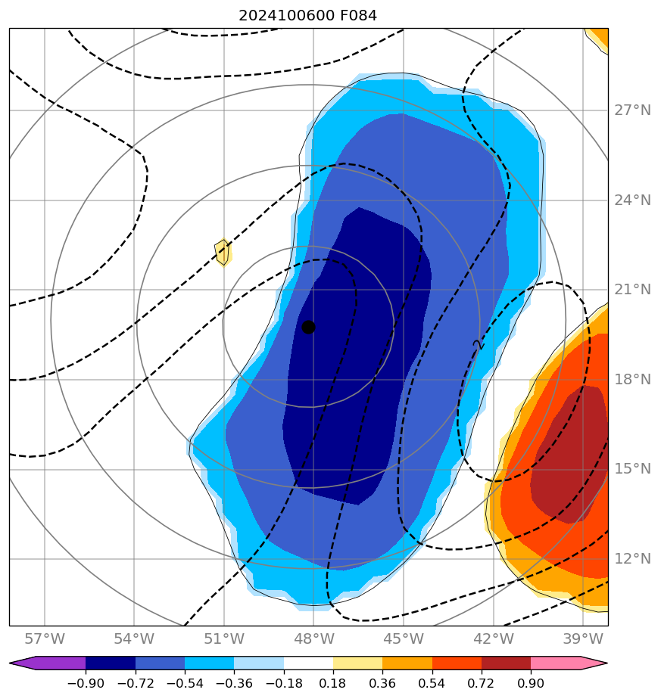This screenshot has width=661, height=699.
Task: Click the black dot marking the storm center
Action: pos(308,327)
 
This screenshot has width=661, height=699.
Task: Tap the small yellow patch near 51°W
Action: pos(223,253)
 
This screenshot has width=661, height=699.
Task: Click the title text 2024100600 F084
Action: pos(307,15)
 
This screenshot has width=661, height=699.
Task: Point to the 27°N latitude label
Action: pos(631,110)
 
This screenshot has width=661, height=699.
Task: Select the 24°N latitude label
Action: pos(631,200)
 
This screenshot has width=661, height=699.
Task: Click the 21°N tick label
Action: pos(631,290)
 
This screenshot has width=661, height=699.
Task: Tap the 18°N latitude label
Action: pos(631,380)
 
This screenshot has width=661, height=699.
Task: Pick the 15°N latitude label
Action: pos(631,469)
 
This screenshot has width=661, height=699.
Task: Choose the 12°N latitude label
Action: pos(631,559)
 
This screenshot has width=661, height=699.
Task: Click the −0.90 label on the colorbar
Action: pos(85,683)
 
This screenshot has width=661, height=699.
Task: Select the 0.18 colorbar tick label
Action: pos(333,683)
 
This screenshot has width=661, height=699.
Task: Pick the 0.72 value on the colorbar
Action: pos(482,683)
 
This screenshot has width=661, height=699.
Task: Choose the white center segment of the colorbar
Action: pos(308,663)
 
